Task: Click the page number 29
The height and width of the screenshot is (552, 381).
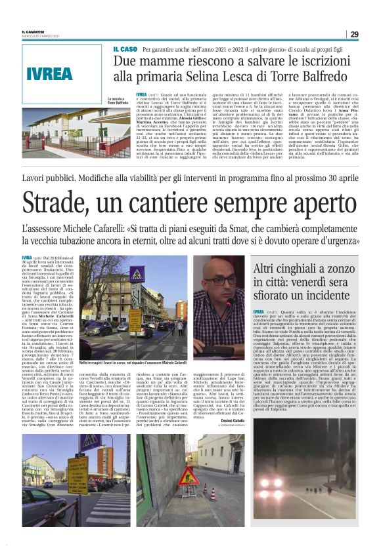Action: coord(354,34)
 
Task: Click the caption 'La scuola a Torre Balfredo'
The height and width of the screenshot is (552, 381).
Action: coord(118,101)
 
